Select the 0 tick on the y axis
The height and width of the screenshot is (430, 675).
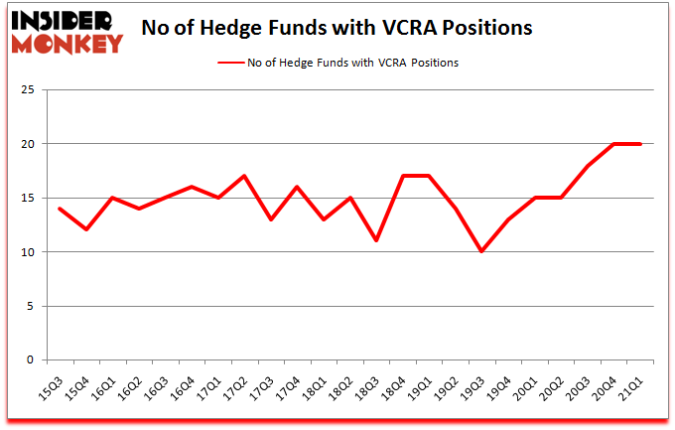tap(31, 360)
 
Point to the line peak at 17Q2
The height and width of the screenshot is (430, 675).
tap(243, 176)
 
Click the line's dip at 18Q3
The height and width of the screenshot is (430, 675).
tap(376, 240)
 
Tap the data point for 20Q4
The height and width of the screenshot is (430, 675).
tap(614, 144)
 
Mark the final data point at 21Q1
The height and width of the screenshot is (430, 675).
tap(641, 144)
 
